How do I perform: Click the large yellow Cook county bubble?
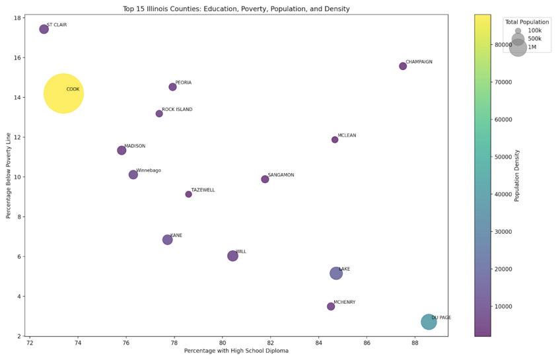point(63,93)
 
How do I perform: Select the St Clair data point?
point(44,29)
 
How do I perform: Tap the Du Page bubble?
point(429,322)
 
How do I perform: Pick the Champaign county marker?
point(403,66)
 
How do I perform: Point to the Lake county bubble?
point(336,273)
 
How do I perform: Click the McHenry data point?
point(331,306)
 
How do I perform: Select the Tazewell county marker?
point(188,194)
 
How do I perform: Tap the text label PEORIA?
point(184,83)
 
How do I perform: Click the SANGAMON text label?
point(281,175)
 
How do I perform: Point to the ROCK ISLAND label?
point(177,110)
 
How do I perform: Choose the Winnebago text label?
point(149,170)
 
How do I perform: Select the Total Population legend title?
point(526,22)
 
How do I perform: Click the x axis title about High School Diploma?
point(236,351)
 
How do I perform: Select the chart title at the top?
point(236,9)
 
